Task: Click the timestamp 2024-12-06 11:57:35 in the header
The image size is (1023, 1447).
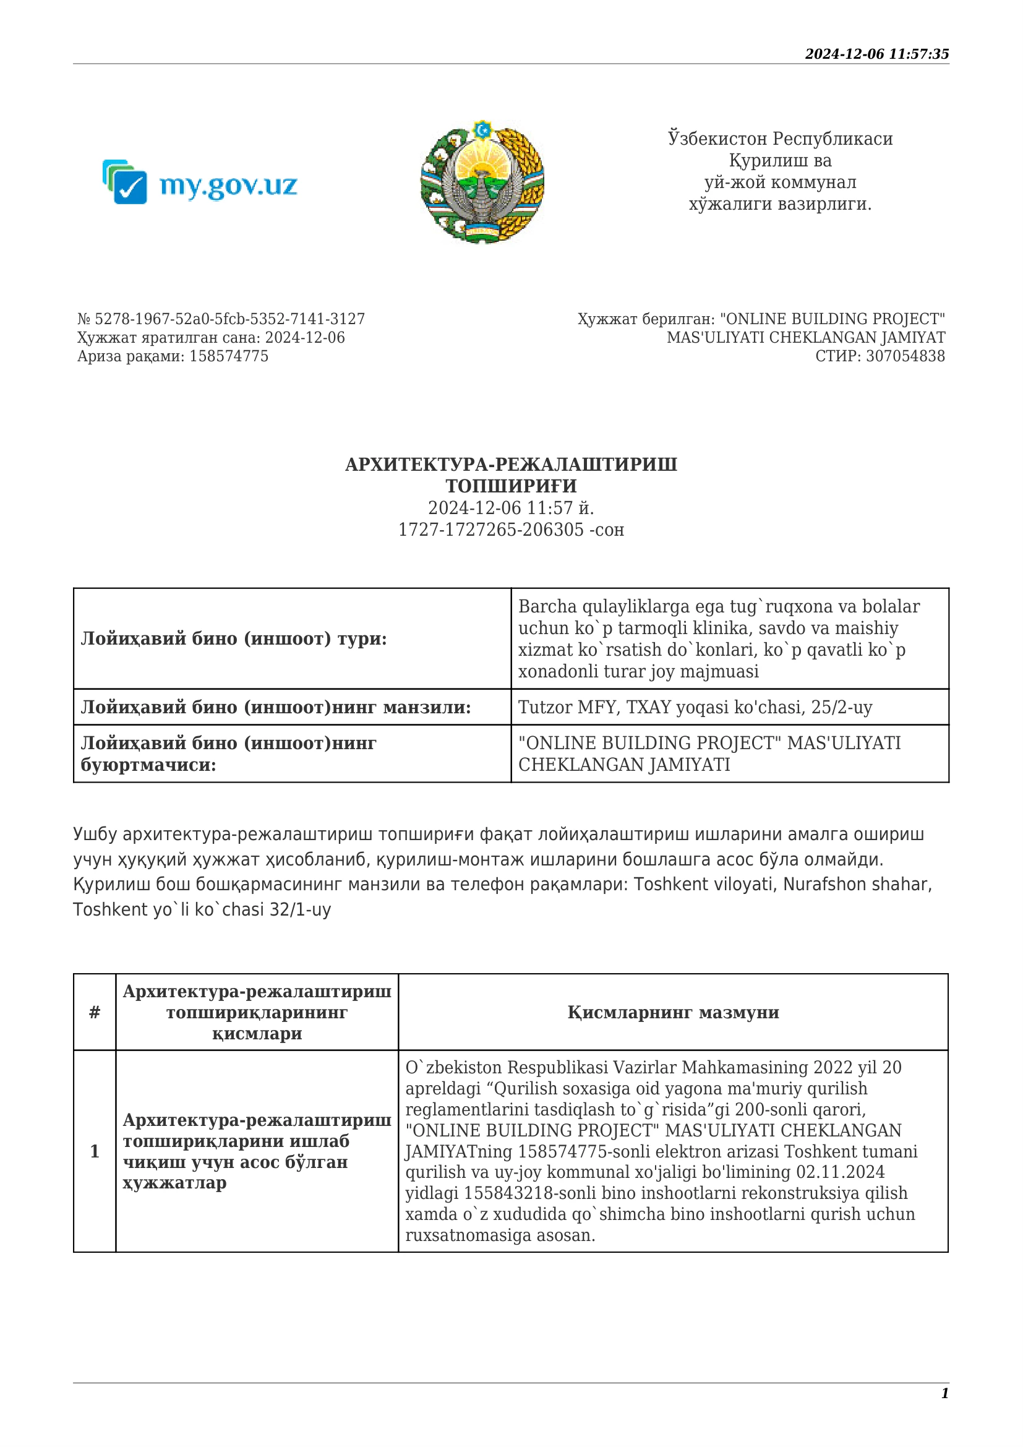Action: tap(876, 54)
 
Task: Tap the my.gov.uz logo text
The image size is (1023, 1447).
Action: tap(228, 186)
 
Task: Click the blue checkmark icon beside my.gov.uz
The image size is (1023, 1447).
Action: tap(131, 187)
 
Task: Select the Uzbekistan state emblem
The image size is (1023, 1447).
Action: tap(482, 181)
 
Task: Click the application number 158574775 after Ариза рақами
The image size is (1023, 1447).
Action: tap(229, 356)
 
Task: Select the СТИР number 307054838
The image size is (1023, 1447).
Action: tap(905, 356)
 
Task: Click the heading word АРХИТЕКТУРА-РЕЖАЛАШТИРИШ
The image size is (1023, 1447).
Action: tap(511, 465)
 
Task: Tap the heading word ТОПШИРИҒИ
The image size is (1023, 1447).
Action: tap(511, 486)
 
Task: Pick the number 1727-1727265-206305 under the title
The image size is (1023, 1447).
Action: tap(490, 530)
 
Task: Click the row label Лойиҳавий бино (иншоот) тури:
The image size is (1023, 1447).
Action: tap(234, 638)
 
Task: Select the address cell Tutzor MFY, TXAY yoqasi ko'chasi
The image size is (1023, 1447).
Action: tap(695, 707)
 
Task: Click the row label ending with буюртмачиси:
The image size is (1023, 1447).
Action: tap(148, 765)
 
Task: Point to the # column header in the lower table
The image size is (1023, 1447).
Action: tap(95, 1012)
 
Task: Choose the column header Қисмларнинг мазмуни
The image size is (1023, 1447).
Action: tap(673, 1012)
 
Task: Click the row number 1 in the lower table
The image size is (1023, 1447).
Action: tap(95, 1151)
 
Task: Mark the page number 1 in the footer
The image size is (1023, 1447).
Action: tap(944, 1393)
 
